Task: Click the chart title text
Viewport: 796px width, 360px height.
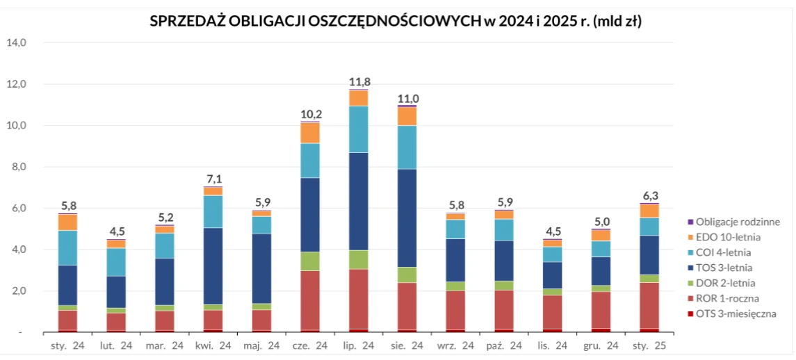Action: (396, 21)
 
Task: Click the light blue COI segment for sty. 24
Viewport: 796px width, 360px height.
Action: (67, 247)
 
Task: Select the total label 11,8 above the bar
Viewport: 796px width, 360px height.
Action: (359, 83)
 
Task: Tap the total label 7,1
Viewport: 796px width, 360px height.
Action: (213, 180)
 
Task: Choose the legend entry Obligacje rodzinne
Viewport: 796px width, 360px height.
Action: (737, 222)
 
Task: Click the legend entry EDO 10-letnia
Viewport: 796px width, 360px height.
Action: (727, 237)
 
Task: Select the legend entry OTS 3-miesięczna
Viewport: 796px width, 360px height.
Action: (736, 313)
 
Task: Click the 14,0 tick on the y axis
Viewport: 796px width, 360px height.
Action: (16, 42)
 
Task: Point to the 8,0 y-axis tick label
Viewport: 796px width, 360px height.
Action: (16, 167)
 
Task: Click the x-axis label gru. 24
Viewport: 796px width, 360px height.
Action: (601, 345)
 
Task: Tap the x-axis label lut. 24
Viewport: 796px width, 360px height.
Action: (116, 345)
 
